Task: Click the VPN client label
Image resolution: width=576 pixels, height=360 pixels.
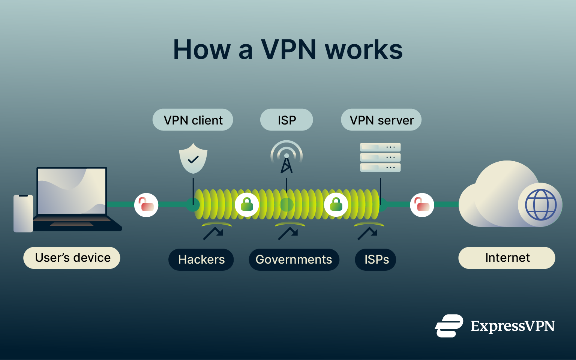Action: tap(193, 120)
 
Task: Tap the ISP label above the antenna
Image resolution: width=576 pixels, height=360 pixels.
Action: tap(286, 120)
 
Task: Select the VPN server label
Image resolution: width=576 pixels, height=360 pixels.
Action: tap(381, 120)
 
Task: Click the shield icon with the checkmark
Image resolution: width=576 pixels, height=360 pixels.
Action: tap(193, 158)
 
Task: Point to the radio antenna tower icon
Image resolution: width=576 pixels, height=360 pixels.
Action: tap(286, 157)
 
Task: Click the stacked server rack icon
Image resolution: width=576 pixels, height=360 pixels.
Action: tap(380, 157)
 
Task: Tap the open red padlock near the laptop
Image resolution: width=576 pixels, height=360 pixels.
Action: tap(146, 205)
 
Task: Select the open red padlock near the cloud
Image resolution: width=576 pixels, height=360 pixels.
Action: tap(422, 205)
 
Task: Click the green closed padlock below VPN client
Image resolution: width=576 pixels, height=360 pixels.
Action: tap(247, 205)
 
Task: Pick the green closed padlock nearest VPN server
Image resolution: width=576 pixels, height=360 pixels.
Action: tap(336, 205)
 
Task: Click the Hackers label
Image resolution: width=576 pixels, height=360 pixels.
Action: tap(201, 259)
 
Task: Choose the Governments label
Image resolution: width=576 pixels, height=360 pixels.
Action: tap(294, 259)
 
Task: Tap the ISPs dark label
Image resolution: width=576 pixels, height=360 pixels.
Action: tap(376, 259)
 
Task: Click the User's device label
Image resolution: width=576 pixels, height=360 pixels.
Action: tap(72, 258)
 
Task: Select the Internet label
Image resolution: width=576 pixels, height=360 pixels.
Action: tap(507, 258)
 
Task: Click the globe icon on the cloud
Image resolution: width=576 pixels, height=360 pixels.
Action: tap(540, 205)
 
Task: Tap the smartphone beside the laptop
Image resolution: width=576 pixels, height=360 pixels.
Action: tap(23, 213)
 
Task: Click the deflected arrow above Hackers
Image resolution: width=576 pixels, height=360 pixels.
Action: tap(213, 233)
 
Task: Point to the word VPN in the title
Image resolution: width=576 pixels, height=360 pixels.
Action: tap(288, 49)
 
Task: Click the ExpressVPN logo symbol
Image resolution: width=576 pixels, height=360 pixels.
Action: tap(449, 326)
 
